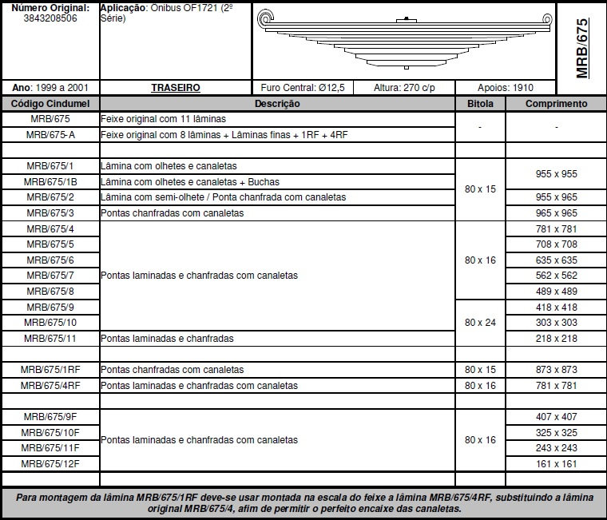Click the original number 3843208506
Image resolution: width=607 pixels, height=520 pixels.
coord(50,18)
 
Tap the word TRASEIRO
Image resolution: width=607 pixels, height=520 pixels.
coord(175,88)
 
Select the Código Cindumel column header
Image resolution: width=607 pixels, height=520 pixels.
coord(50,104)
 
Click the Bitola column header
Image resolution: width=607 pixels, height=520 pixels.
coord(480,104)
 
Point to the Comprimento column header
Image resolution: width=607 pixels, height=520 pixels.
coord(556,104)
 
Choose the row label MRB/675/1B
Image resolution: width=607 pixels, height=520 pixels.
coord(50,182)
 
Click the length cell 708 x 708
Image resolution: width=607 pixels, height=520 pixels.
coord(556,244)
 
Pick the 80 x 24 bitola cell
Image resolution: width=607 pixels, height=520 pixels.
coord(480,322)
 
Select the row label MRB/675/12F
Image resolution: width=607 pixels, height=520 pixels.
coord(50,463)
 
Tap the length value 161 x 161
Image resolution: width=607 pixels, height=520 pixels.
coord(556,463)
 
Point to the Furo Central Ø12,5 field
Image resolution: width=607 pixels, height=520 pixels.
coord(303,88)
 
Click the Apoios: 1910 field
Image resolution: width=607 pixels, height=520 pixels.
coord(506,88)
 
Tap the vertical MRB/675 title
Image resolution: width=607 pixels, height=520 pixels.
coord(581,48)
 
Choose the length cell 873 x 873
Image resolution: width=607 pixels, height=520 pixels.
coord(556,370)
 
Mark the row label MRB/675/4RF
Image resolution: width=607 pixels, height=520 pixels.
coord(50,385)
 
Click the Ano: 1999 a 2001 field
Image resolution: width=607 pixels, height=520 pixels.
coord(50,88)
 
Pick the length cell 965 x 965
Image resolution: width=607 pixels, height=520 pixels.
coord(556,213)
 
